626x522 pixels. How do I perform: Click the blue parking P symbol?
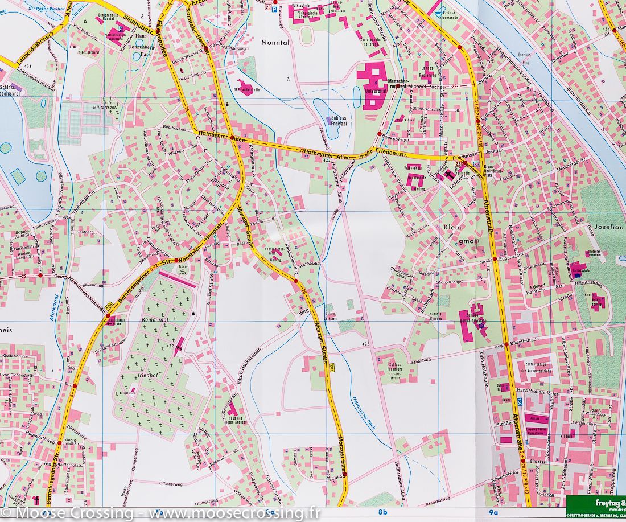[x=274, y=9]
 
